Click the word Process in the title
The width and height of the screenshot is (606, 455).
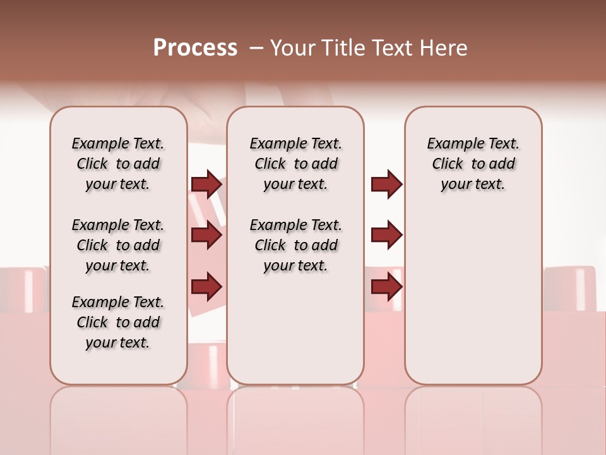[x=195, y=48]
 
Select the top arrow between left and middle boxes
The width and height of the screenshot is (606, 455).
[x=206, y=184]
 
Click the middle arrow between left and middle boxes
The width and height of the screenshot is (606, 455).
[x=206, y=235]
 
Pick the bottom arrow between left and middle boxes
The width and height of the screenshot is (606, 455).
[x=206, y=287]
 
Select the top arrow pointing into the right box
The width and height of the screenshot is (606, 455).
[x=386, y=184]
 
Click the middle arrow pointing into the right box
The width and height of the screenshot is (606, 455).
[x=386, y=235]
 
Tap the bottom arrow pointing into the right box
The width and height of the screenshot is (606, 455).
[x=386, y=287]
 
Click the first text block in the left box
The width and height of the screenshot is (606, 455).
[x=118, y=164]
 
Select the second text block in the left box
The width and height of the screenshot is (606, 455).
[x=118, y=245]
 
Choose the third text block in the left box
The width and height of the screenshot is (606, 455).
[x=118, y=322]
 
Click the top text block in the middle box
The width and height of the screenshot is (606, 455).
[x=295, y=164]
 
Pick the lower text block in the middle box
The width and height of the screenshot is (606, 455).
[x=295, y=245]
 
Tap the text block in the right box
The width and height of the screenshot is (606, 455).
[x=473, y=164]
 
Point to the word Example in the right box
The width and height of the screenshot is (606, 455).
[x=450, y=144]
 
